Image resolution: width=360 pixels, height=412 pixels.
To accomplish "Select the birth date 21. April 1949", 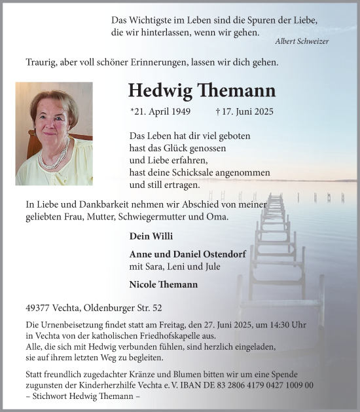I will click(161, 112).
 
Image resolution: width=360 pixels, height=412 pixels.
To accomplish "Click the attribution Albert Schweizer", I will click(302, 41).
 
